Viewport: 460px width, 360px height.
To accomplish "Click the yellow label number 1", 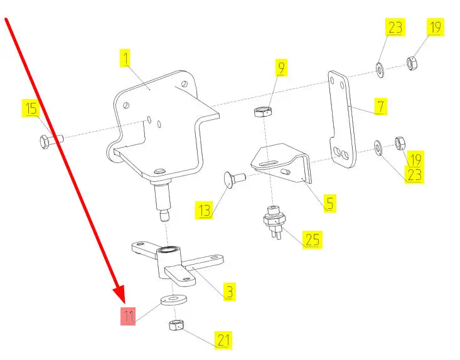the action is (x=126, y=59).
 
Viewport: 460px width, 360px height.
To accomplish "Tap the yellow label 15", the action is (x=31, y=109).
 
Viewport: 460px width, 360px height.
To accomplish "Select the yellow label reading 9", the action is (x=282, y=66).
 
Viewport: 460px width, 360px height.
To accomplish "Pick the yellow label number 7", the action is (x=380, y=106).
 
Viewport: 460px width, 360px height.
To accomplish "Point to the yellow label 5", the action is (x=329, y=203).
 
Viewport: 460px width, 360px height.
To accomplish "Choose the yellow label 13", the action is (x=205, y=210).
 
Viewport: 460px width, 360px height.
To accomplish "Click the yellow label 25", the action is (x=312, y=239).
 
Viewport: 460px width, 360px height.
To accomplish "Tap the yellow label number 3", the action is (x=230, y=292).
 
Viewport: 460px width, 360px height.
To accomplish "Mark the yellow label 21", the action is (x=223, y=340).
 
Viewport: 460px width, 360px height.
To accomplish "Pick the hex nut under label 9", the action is (x=262, y=112).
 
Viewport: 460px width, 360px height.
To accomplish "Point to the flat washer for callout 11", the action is (x=174, y=299).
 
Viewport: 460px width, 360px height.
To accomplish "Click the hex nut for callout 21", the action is (x=176, y=326).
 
